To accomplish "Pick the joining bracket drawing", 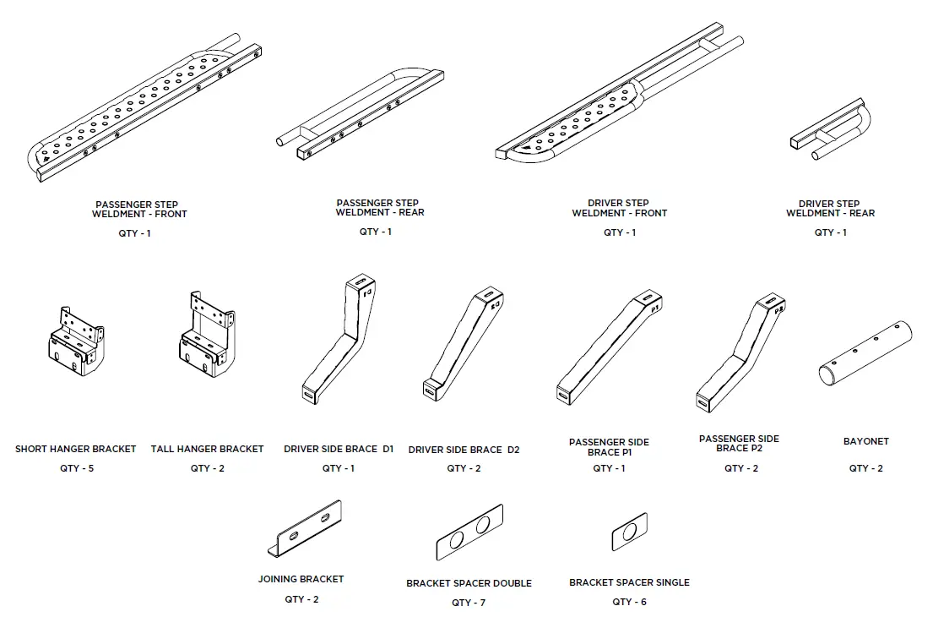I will click(x=306, y=529).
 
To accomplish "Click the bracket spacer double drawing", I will click(x=469, y=532).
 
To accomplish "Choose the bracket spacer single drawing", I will click(x=629, y=532).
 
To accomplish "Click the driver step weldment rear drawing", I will click(x=833, y=131).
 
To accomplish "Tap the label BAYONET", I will click(x=865, y=441).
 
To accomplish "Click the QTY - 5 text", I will click(x=76, y=468).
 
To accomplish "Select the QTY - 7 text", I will click(x=468, y=603).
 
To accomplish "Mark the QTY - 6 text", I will click(x=629, y=602).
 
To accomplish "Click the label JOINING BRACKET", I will click(x=301, y=579).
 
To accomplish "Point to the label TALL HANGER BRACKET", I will click(x=207, y=449).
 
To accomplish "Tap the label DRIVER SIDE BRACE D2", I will click(x=464, y=450).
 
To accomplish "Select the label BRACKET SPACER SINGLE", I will click(x=629, y=582).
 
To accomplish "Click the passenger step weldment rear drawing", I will click(x=363, y=114).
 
